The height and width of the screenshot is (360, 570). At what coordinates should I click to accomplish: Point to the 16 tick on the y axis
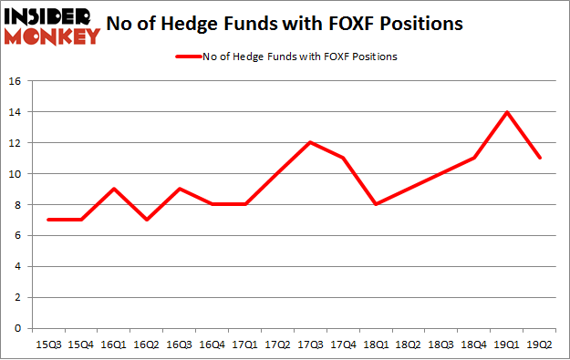[x=16, y=81]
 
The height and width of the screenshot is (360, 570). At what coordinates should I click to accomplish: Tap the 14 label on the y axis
[x=16, y=112]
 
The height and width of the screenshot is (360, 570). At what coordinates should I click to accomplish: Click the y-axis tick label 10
[x=16, y=174]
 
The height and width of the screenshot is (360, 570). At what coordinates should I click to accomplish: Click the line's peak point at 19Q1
[x=506, y=112]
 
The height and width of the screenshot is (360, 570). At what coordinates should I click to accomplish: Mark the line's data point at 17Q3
[x=310, y=142]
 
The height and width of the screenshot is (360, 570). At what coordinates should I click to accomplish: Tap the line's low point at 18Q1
[x=376, y=204]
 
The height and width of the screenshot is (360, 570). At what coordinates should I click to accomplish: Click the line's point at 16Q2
[x=146, y=220]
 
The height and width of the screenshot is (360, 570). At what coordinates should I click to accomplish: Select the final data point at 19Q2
[x=539, y=158]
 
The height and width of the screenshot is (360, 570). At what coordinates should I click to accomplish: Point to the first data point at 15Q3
[x=48, y=220]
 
